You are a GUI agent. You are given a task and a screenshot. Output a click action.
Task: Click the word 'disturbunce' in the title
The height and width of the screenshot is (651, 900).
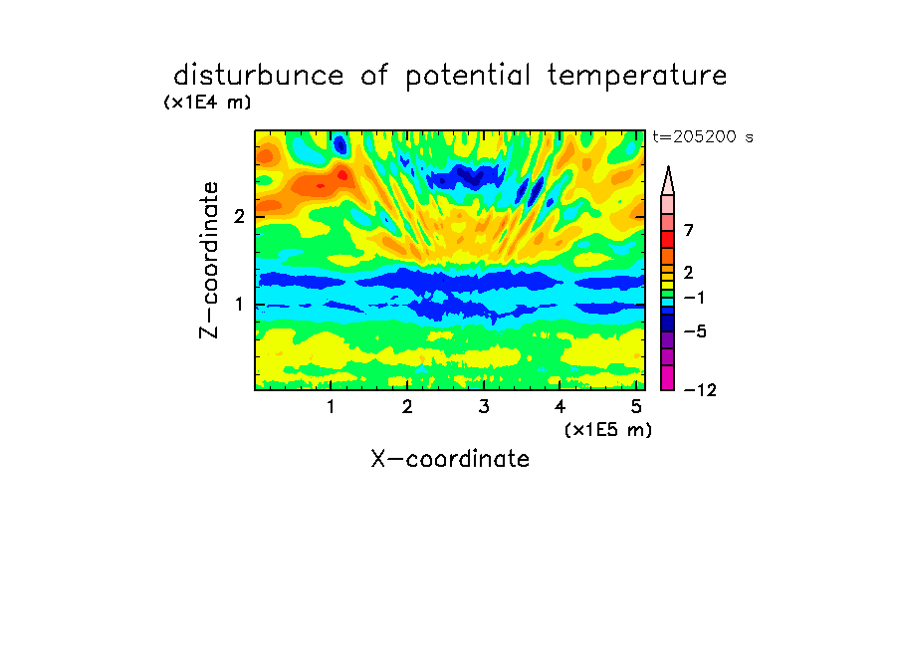pos(259,76)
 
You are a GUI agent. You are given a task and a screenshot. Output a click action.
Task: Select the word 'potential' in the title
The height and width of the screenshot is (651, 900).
pos(468,77)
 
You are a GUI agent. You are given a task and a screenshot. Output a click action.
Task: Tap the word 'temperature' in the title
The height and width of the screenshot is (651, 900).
pos(637,77)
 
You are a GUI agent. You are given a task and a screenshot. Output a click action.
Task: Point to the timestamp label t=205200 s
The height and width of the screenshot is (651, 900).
pos(703,136)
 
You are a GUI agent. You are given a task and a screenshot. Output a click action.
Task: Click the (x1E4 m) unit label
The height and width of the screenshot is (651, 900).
pos(207,103)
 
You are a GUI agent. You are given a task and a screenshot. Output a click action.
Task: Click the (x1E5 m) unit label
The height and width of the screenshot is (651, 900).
pos(608,429)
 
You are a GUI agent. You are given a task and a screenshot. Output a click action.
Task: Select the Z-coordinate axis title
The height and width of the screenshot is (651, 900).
pos(209,260)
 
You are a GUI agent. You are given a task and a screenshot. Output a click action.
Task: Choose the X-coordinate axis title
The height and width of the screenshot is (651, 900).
pos(450,459)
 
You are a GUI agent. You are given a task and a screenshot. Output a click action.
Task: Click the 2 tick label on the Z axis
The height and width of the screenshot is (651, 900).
pos(239,216)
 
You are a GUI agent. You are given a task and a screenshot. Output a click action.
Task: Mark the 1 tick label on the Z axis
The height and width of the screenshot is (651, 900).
pos(239,304)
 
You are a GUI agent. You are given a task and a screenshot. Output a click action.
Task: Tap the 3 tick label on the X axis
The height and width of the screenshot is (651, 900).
pos(484,406)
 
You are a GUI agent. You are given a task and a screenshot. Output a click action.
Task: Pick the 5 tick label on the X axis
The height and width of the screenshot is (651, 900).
pos(636,406)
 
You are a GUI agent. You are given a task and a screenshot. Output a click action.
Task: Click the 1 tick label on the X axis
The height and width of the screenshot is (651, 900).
pos(331,406)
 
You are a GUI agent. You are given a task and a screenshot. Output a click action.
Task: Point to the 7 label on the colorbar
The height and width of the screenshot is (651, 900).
pos(689,230)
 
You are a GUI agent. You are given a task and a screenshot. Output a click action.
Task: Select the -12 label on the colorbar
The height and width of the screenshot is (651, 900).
pos(700,390)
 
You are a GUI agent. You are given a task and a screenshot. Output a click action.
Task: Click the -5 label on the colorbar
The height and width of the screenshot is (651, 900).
pos(695,331)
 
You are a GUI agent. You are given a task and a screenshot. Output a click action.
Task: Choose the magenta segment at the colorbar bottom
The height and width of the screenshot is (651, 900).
pos(668,377)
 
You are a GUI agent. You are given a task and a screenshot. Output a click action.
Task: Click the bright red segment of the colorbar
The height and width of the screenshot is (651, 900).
pos(668,239)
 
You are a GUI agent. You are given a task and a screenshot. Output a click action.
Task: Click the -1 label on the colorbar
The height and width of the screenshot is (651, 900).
pos(694,298)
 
